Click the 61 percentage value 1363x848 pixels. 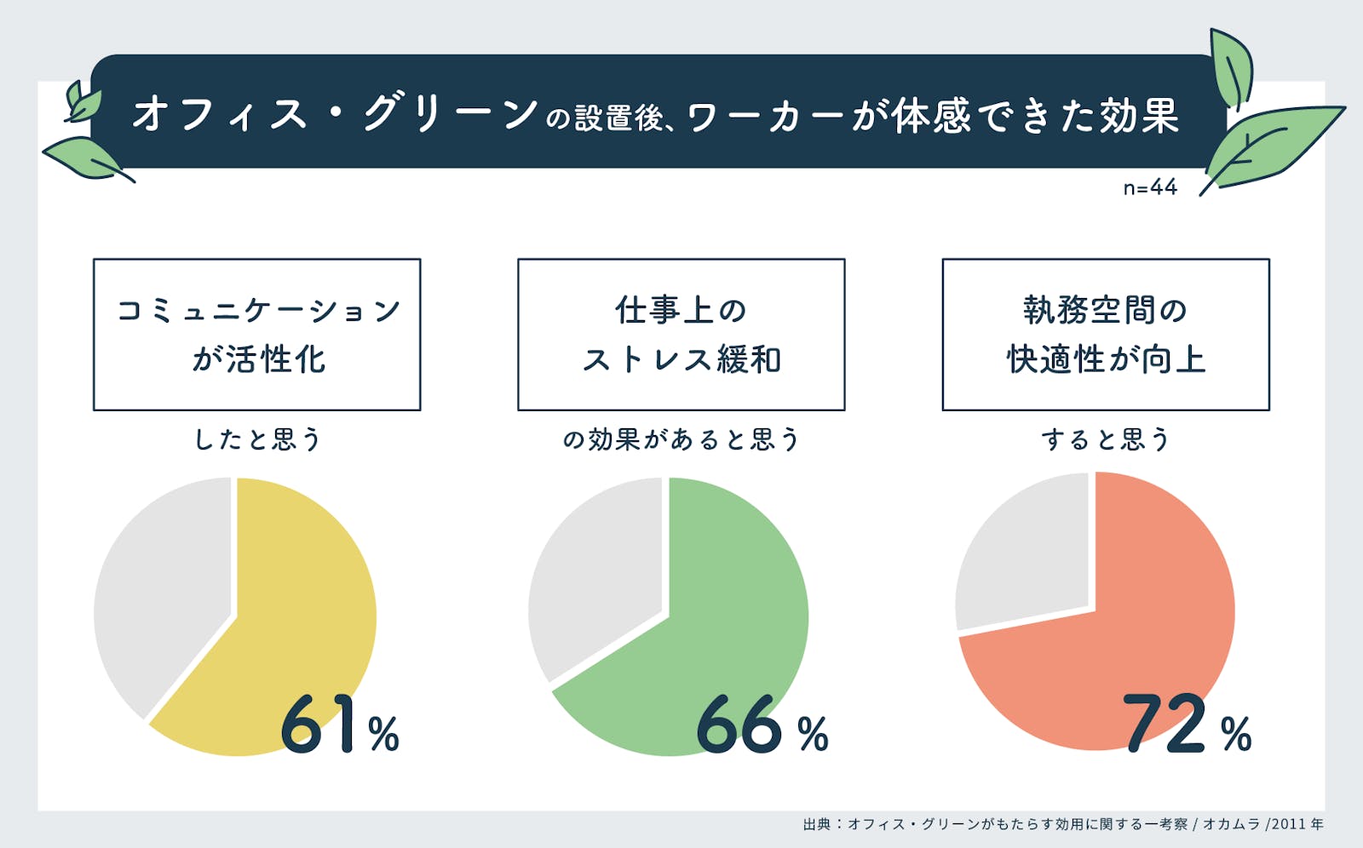click(317, 725)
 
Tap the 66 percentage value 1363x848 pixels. click(739, 725)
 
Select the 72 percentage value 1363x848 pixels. click(1165, 725)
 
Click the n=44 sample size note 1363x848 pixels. click(1150, 187)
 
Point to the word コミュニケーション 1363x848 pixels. click(258, 310)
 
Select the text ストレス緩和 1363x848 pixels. click(681, 360)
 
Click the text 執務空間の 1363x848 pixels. click(1105, 310)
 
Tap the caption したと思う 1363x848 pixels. click(257, 439)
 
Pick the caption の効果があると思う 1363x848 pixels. click(681, 439)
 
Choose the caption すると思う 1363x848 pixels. click(1105, 439)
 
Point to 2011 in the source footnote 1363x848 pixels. click(1289, 824)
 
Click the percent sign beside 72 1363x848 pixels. click(1236, 734)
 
